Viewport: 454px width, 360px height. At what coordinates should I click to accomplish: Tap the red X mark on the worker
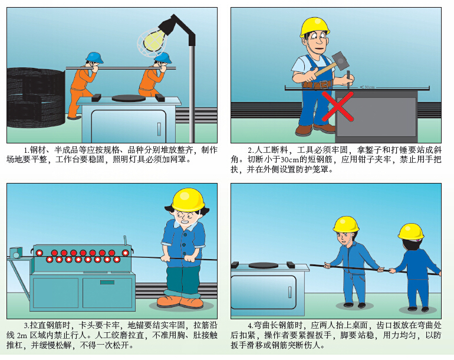tap(338, 106)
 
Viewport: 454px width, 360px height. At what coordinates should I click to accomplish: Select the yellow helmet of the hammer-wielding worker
tap(315, 27)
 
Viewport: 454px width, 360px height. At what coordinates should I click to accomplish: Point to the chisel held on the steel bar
tap(348, 79)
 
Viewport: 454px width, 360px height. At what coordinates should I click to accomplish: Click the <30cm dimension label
tap(367, 87)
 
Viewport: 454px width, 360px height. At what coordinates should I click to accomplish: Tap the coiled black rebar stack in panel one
tap(35, 98)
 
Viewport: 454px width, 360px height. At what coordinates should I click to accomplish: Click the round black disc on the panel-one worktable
tap(129, 98)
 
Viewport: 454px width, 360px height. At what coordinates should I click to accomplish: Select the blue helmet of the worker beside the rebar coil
tap(94, 57)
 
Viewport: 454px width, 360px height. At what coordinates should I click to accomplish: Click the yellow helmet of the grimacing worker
tap(188, 199)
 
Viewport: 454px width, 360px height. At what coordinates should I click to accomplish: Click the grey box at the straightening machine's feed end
tap(17, 253)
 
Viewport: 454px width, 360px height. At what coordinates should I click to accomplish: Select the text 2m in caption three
tap(22, 336)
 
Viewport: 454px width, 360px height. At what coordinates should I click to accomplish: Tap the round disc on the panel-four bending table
tap(264, 265)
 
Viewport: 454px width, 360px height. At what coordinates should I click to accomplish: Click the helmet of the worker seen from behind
tap(411, 231)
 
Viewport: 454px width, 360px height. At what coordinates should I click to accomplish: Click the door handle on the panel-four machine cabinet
tap(289, 292)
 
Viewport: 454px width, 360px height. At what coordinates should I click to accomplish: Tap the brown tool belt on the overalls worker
tap(317, 84)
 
